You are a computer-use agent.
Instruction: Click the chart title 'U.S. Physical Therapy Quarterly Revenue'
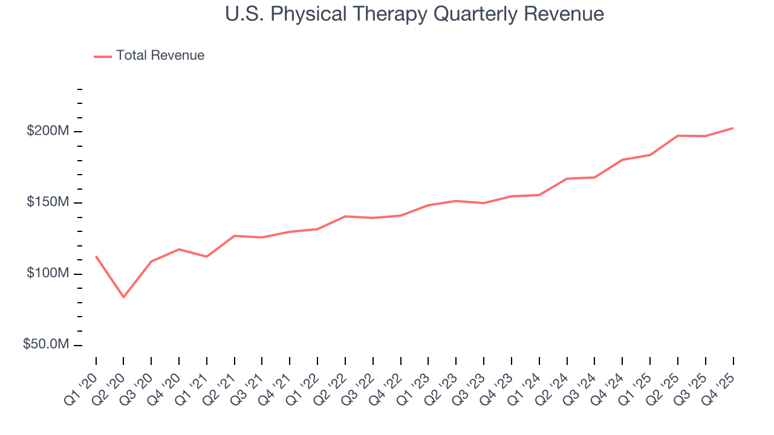[x=414, y=14]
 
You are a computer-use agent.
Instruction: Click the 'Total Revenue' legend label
[x=160, y=56]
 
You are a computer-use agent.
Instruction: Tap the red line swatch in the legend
[x=103, y=56]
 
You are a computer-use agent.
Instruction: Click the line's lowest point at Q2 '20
[x=123, y=297]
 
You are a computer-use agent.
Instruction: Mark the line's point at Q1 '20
[x=96, y=256]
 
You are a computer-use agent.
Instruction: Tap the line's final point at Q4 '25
[x=733, y=128]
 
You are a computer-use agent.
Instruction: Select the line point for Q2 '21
[x=234, y=236]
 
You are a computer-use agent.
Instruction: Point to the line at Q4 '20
[x=179, y=249]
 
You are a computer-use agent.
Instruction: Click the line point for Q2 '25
[x=677, y=135]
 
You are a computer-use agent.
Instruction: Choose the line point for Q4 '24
[x=622, y=159]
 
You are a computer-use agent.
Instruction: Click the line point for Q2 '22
[x=345, y=216]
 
